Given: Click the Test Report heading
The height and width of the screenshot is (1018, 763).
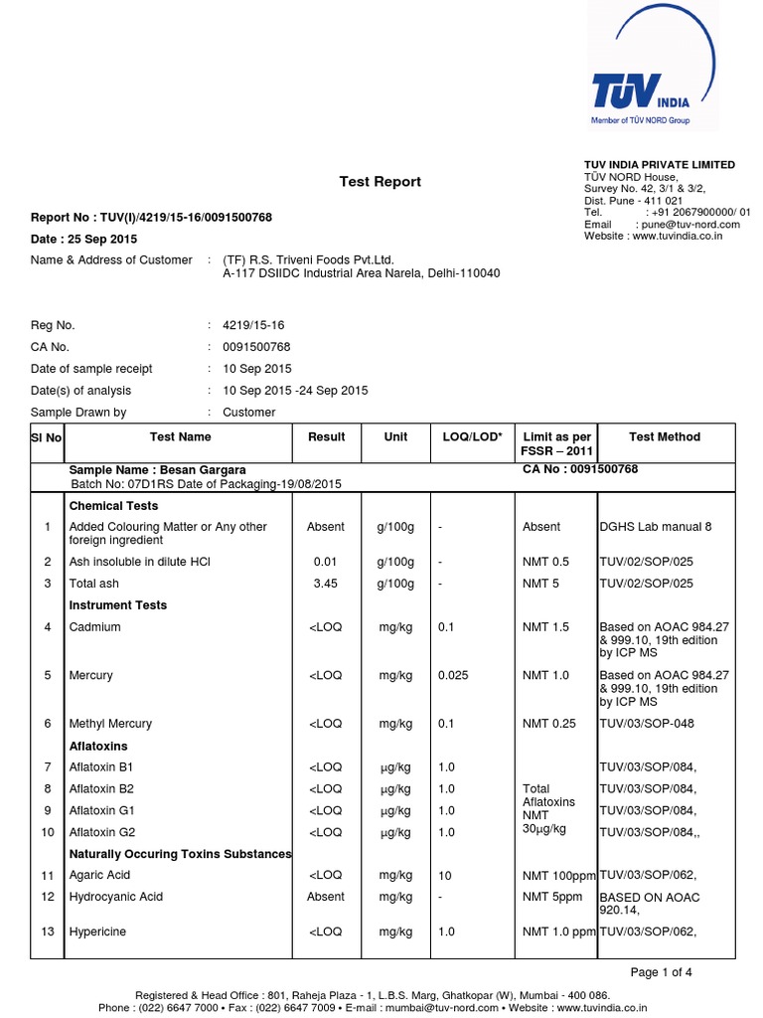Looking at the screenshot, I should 381,182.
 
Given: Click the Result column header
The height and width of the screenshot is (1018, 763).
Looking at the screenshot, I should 327,437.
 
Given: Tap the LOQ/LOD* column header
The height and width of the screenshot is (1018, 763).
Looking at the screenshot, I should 472,437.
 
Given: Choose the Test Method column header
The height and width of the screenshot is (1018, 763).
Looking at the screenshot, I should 665,437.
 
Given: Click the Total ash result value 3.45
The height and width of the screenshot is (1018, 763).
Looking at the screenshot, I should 326,584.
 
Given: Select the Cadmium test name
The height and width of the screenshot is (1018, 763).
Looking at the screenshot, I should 94,627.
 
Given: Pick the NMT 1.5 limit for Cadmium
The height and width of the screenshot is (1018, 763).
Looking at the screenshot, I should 546,627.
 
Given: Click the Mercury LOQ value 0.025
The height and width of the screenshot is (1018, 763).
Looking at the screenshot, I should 454,676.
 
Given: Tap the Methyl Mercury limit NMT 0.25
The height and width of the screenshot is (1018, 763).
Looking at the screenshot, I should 549,724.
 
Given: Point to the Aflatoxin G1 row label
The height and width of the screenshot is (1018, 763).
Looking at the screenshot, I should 101,810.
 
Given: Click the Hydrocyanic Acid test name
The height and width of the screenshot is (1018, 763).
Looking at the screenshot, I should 115,897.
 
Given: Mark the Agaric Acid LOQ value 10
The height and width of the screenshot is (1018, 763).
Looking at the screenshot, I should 445,876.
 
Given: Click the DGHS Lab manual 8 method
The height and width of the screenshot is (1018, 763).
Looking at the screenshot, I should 655,527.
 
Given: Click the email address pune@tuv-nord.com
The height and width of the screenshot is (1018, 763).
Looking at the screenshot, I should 687,225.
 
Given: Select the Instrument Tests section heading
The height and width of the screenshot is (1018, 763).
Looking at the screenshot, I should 117,605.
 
